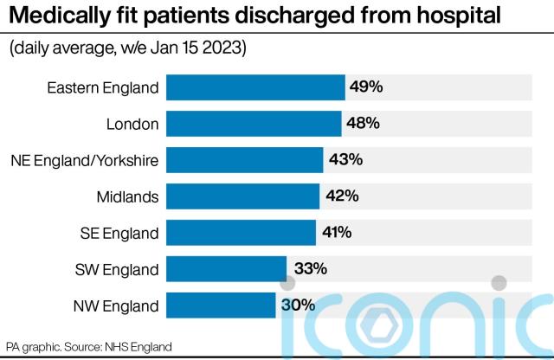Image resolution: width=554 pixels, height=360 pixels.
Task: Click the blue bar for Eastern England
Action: (255, 87)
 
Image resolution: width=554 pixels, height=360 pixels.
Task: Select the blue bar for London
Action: (254, 124)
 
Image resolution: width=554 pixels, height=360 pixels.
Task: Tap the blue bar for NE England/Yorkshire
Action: (244, 160)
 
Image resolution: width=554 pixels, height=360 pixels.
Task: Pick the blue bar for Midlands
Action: (242, 196)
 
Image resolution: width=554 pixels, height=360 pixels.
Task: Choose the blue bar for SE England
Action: (241, 233)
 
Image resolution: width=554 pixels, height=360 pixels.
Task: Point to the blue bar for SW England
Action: (226, 269)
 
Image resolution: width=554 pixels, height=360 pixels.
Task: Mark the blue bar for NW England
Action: (221, 305)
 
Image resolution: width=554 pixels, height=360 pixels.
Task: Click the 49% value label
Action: (366, 87)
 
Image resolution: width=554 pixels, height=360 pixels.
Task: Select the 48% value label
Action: (363, 124)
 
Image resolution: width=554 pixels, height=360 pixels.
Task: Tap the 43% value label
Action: (345, 160)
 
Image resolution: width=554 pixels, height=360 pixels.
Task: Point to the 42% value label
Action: (341, 196)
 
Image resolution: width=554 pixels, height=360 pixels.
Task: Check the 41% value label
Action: (338, 233)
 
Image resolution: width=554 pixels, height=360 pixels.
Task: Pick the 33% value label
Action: (309, 269)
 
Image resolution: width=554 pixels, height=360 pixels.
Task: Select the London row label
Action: (132, 124)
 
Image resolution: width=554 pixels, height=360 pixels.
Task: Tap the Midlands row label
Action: (127, 196)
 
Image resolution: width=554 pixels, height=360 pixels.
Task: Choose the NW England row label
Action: (115, 305)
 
